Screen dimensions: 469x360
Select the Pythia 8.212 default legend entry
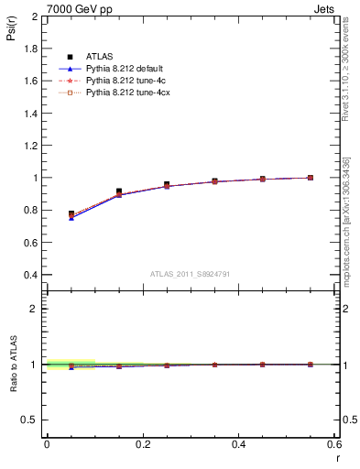[x=124, y=69]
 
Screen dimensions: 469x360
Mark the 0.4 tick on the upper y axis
[x=31, y=275]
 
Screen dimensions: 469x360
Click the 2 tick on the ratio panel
[x=35, y=309]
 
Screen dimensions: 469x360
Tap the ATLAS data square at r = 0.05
[x=71, y=213]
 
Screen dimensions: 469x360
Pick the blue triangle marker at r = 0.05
[x=71, y=218]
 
